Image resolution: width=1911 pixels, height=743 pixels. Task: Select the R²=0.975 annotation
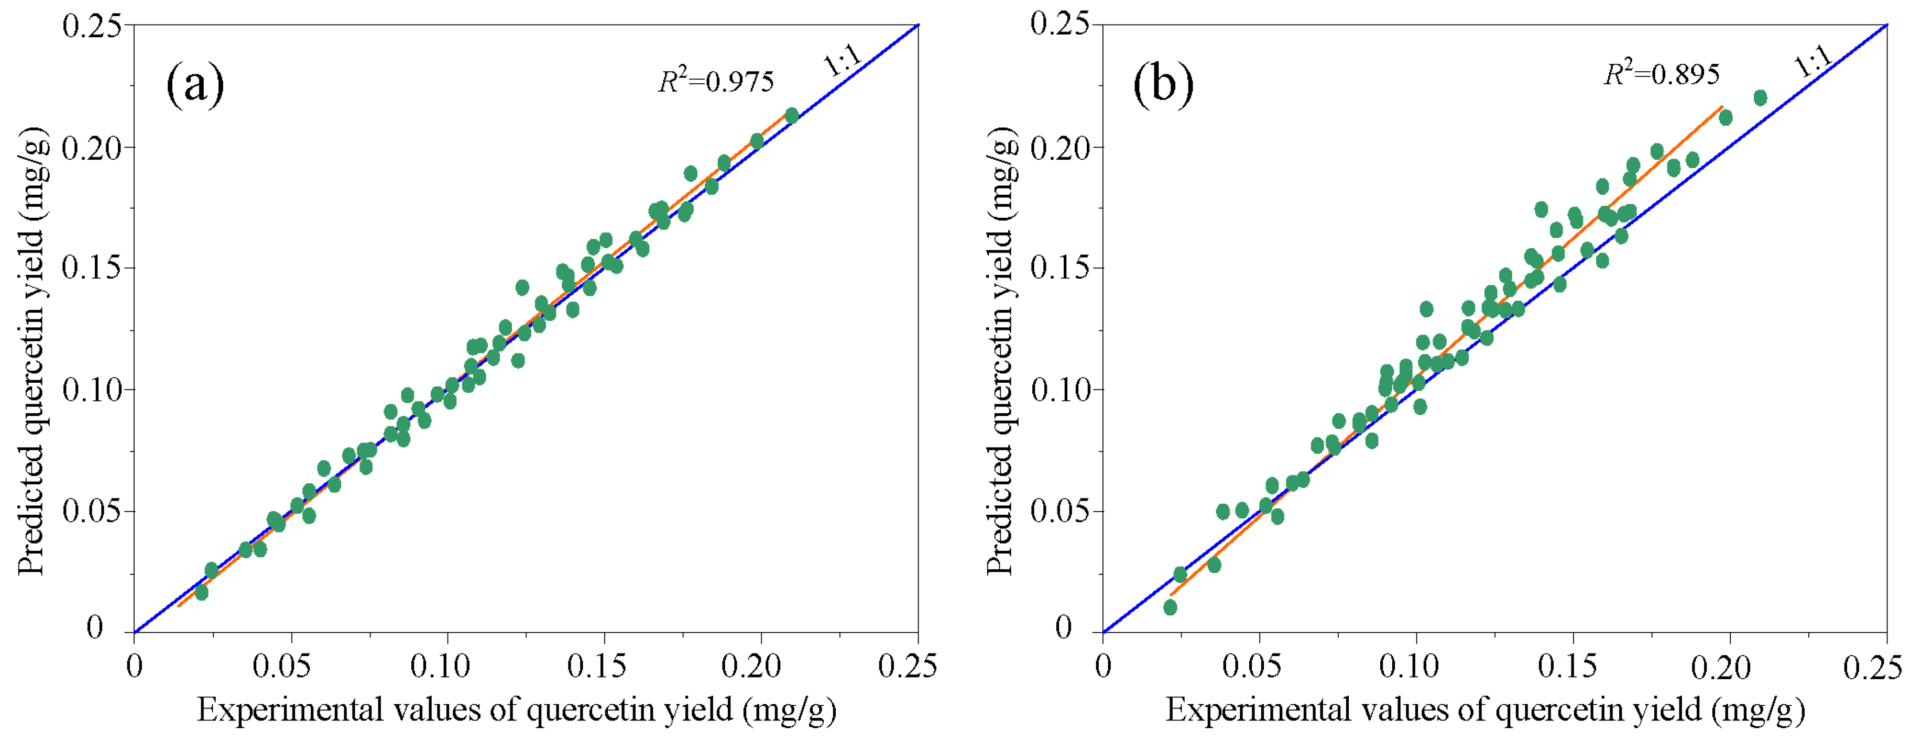pyautogui.click(x=715, y=80)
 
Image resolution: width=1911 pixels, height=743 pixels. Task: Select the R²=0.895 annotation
pyautogui.click(x=1661, y=73)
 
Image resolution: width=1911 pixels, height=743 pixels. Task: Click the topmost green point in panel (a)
pyautogui.click(x=792, y=116)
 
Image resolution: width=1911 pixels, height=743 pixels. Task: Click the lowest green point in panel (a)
pyautogui.click(x=201, y=593)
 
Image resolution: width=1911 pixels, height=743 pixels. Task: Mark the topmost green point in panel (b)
pyautogui.click(x=1760, y=98)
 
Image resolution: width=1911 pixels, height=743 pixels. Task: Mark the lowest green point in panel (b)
pyautogui.click(x=1170, y=607)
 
